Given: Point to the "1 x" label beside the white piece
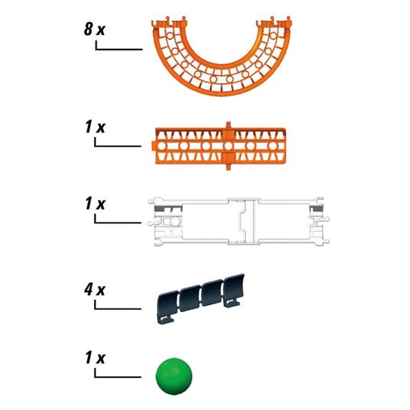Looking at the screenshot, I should point(95,206).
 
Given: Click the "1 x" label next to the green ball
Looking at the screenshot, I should point(95,357).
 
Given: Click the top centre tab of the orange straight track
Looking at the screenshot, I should point(229,124).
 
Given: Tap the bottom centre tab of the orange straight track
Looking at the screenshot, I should point(229,161).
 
